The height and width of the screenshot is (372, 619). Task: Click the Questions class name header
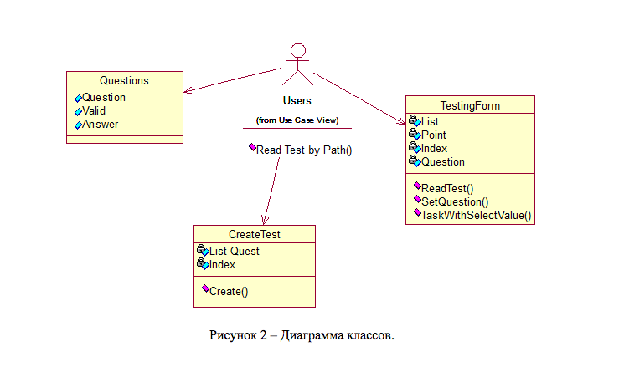point(124,81)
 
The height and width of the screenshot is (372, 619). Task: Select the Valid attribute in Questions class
point(93,110)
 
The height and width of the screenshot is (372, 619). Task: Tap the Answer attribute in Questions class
point(100,124)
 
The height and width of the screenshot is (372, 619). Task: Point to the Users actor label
point(297,101)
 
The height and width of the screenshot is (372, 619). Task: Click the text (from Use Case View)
point(297,120)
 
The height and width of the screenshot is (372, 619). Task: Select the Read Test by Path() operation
point(303,150)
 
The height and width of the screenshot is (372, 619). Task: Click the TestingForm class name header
point(469,104)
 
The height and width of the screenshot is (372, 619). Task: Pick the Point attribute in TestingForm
point(434,135)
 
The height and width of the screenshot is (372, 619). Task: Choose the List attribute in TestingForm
point(430,121)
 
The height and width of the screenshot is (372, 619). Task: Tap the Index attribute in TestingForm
point(434,148)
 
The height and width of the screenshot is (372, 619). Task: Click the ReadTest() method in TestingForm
point(446,188)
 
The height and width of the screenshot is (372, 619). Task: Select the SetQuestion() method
point(454,201)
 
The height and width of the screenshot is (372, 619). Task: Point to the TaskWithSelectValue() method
point(476,215)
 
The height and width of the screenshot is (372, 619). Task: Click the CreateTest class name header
point(254,234)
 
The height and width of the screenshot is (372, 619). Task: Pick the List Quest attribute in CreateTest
point(234,251)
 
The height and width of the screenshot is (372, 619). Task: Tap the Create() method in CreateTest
point(229,291)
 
